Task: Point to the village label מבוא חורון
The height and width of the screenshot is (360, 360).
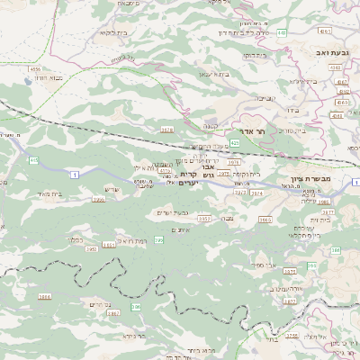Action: (48, 79)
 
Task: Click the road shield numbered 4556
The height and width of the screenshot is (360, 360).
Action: (35, 68)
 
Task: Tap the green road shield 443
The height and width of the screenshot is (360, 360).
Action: (282, 32)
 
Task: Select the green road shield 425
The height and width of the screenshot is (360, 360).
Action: (235, 142)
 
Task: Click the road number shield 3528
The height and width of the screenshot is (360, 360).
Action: (166, 130)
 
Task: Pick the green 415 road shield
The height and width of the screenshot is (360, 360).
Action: (34, 160)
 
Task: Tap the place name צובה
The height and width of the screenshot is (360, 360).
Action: (230, 219)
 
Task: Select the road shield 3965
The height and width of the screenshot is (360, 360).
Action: (265, 219)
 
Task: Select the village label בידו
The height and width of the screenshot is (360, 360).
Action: (292, 109)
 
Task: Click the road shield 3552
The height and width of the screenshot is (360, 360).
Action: (204, 218)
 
